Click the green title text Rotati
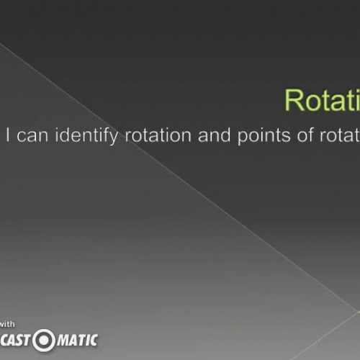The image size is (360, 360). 322,101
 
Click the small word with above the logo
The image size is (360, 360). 6,323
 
